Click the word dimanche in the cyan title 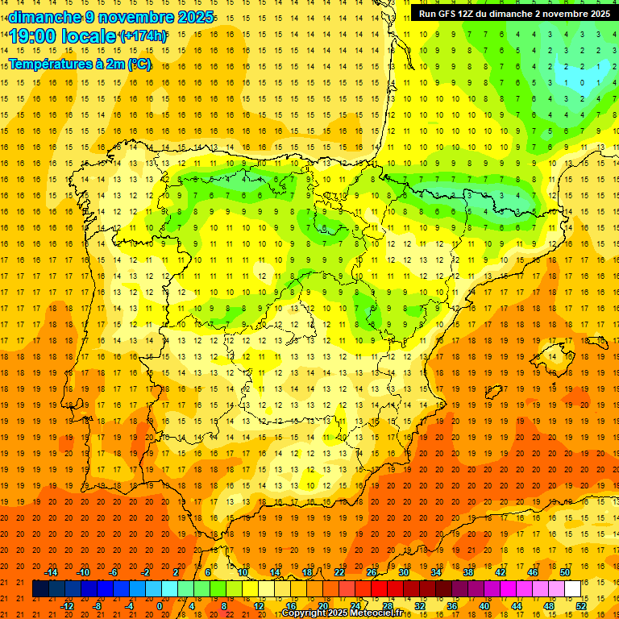44,17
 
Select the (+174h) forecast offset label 143,36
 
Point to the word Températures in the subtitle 50,64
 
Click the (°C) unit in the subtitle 139,64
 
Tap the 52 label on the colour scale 581,606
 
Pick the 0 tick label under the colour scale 160,606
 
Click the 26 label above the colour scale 372,572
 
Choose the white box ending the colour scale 573,589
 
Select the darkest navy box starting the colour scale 40,589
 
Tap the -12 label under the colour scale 67,606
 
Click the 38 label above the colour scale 468,572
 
